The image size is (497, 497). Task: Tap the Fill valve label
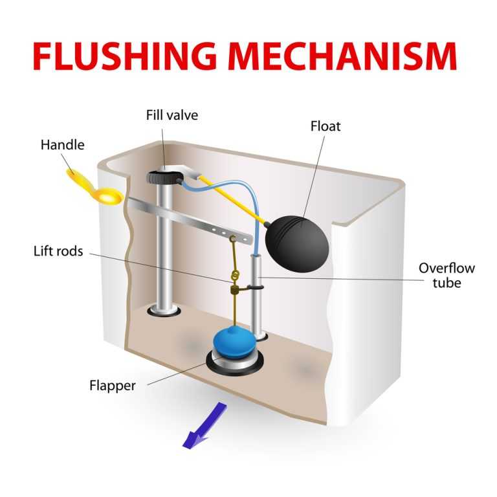pyautogui.click(x=171, y=116)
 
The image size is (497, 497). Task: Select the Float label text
pyautogui.click(x=326, y=126)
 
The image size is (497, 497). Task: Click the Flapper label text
pyautogui.click(x=113, y=386)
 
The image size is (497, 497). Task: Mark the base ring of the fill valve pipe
pyautogui.click(x=162, y=312)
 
